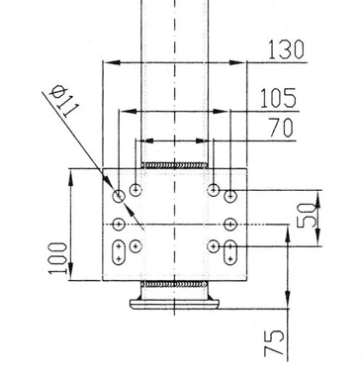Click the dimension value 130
pyautogui.click(x=286, y=49)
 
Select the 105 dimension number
pyautogui.click(x=279, y=98)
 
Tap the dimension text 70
pyautogui.click(x=281, y=128)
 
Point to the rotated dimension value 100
pyautogui.click(x=58, y=258)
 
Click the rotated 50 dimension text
pyautogui.click(x=307, y=216)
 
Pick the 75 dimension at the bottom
pyautogui.click(x=274, y=342)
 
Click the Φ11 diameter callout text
pyautogui.click(x=65, y=101)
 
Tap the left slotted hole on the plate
pyautogui.click(x=119, y=252)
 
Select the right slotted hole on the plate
pyautogui.click(x=230, y=252)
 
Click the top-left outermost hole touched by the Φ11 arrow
pyautogui.click(x=119, y=197)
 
